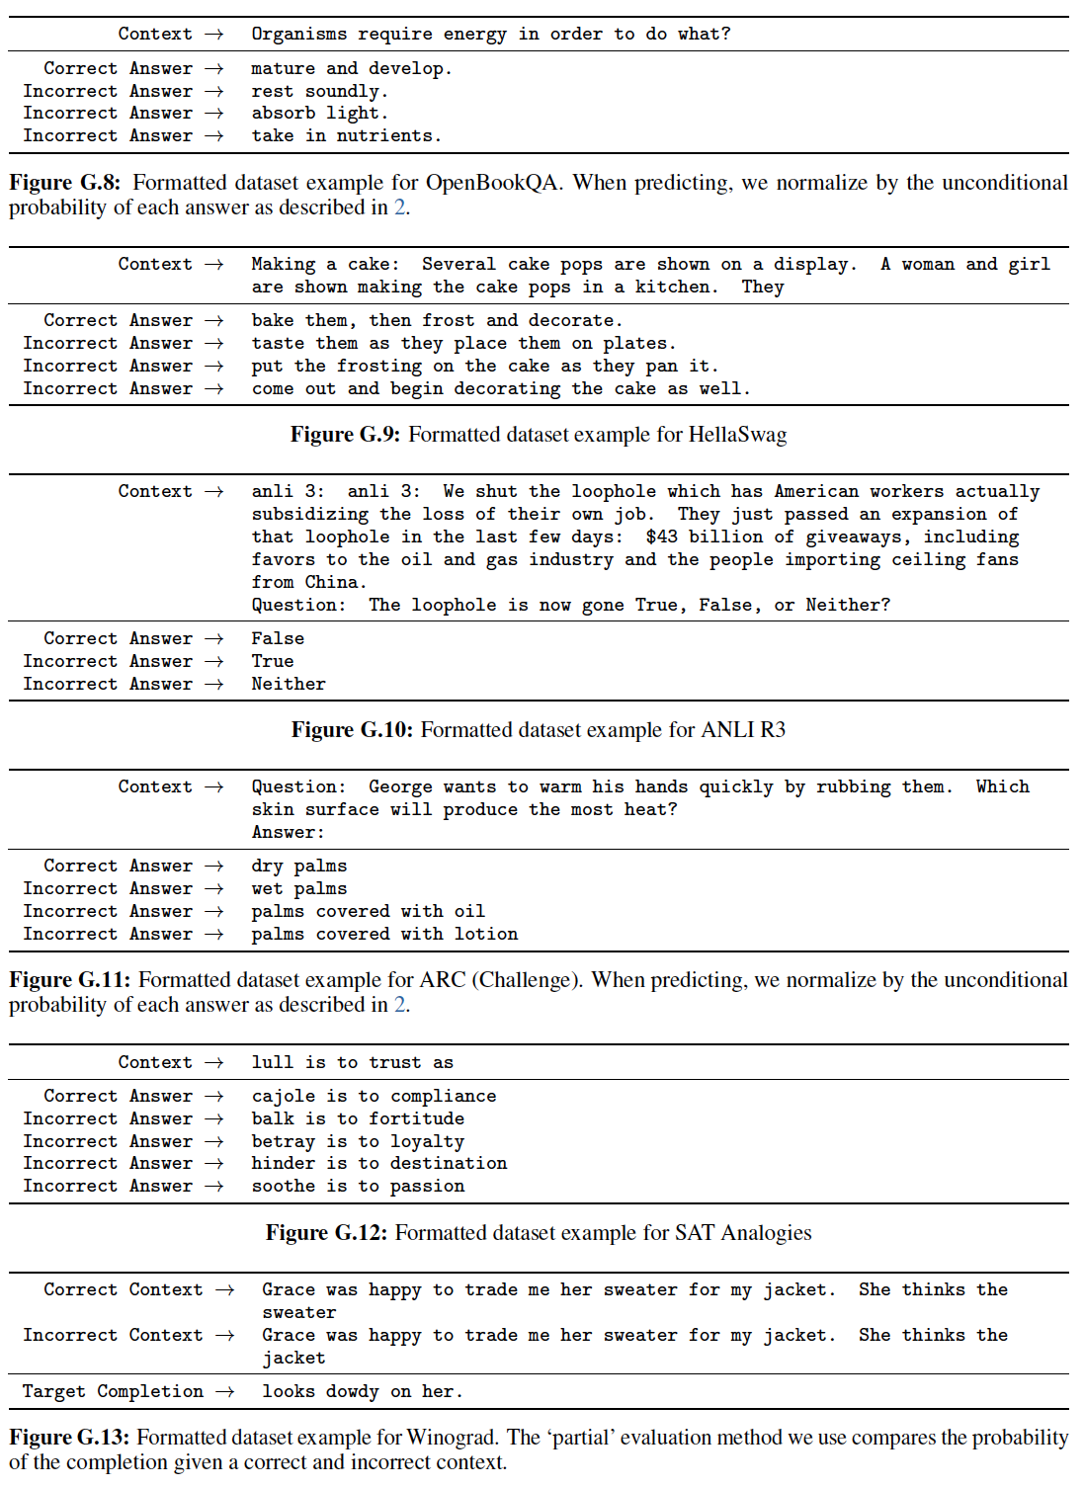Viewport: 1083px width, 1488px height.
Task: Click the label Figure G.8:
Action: point(64,183)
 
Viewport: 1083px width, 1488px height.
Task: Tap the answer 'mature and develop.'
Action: point(351,68)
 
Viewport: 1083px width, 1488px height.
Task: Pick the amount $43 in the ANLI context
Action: point(661,537)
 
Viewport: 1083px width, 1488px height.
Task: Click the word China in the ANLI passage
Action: point(335,582)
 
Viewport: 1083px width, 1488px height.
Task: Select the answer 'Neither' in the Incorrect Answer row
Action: point(288,684)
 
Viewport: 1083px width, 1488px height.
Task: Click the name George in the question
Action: point(400,786)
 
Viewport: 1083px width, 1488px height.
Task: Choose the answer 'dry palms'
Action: point(298,866)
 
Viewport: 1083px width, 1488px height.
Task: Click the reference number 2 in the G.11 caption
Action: point(399,1005)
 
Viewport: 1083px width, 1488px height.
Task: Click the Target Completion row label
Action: point(113,1391)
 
